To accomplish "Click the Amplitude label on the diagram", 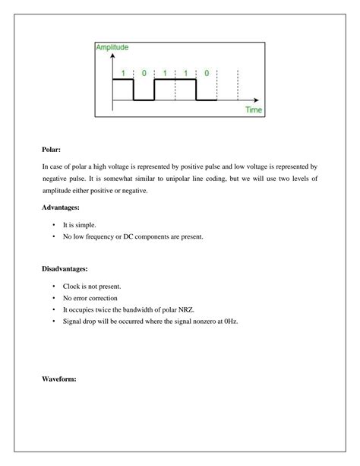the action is tap(112, 47).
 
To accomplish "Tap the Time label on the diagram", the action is tap(254, 110).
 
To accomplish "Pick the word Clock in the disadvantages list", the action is tap(72, 286).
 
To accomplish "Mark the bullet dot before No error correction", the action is tap(54, 298).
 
